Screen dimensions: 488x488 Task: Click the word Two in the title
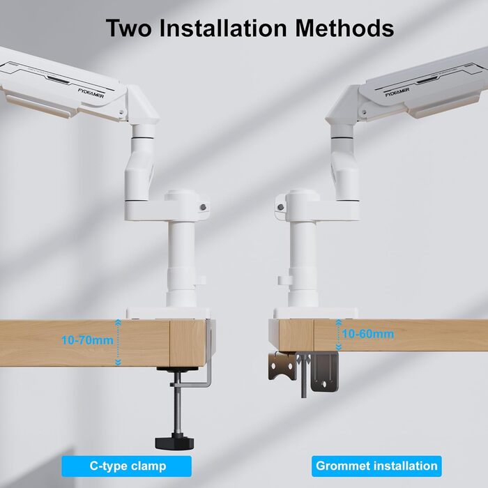129,28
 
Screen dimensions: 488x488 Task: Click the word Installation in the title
223,28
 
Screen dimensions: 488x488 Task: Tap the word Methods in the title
344,28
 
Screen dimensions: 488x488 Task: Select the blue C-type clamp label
127,466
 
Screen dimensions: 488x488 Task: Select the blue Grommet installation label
376,466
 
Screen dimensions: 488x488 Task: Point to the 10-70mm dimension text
87,340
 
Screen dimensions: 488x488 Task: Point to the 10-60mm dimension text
368,334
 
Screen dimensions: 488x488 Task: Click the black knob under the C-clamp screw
174,442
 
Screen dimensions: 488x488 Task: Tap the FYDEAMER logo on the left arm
91,93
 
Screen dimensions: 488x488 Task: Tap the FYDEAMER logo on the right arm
397,93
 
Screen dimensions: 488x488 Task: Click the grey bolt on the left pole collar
204,206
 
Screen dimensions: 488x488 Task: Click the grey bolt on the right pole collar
280,206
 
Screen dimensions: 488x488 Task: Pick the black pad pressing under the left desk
177,369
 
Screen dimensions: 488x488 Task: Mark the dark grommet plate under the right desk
324,372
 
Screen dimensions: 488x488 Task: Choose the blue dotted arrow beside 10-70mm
118,342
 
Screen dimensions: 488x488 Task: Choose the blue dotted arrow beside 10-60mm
338,335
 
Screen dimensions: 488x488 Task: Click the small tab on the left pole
201,280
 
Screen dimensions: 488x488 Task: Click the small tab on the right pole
284,280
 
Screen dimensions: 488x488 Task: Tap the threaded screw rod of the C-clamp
177,404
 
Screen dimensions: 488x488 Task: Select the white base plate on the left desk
168,313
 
